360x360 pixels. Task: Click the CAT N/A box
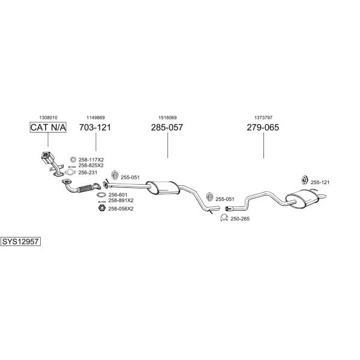pyautogui.click(x=48, y=127)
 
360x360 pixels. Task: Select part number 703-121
pyautogui.click(x=95, y=127)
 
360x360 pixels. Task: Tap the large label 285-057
pyautogui.click(x=167, y=127)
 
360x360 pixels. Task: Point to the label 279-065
pyautogui.click(x=263, y=127)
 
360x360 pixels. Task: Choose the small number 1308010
pyautogui.click(x=48, y=118)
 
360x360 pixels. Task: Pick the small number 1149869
pyautogui.click(x=95, y=118)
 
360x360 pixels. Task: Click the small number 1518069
pyautogui.click(x=167, y=118)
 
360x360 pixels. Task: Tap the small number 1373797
pyautogui.click(x=263, y=118)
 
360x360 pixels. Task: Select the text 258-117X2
pyautogui.click(x=91, y=160)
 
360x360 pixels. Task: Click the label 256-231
pyautogui.click(x=88, y=172)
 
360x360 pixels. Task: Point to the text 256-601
pyautogui.click(x=118, y=194)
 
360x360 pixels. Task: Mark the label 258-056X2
pyautogui.click(x=121, y=208)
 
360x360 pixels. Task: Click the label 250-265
pyautogui.click(x=240, y=218)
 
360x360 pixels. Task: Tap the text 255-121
pyautogui.click(x=320, y=182)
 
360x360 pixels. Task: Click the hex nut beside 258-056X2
pyautogui.click(x=101, y=208)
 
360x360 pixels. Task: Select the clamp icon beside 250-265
pyautogui.click(x=223, y=218)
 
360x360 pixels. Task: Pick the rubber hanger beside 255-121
pyautogui.click(x=304, y=181)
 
